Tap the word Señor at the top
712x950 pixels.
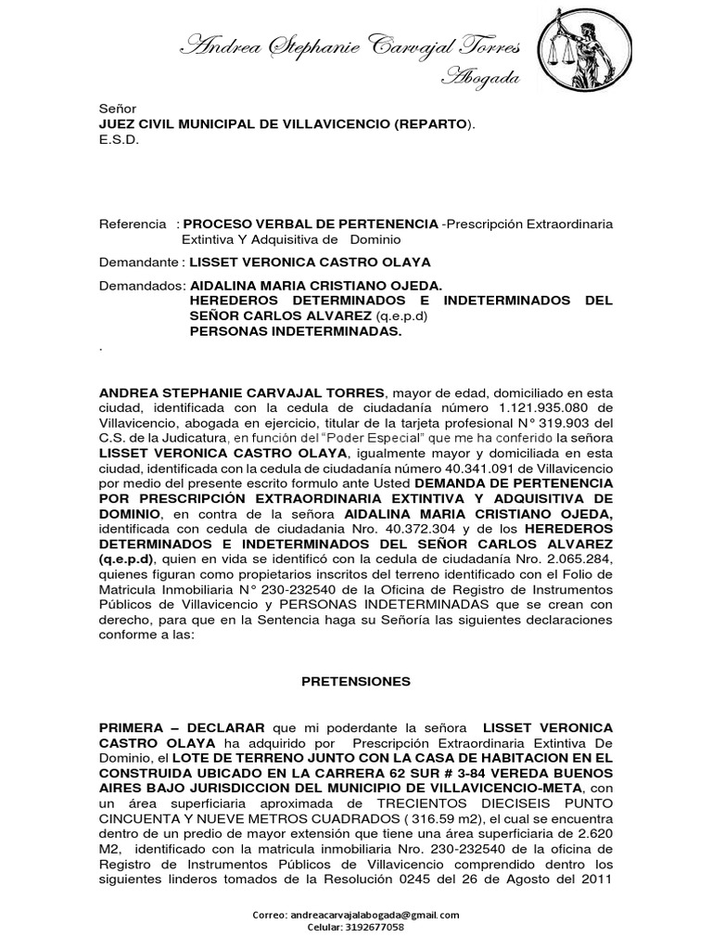[117, 109]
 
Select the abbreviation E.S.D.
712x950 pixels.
[118, 142]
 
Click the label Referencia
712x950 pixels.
[133, 225]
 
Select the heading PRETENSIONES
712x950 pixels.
[356, 681]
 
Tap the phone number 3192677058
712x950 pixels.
[373, 927]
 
